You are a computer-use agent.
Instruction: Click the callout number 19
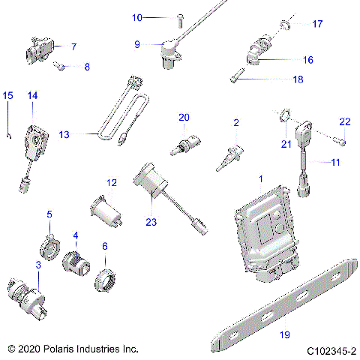285,334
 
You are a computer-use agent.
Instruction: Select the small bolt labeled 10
180,21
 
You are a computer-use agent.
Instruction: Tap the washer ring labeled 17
285,25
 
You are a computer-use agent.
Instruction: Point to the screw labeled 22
340,141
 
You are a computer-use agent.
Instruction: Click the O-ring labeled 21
285,115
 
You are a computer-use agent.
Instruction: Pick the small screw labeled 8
59,66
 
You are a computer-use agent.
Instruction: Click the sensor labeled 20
185,145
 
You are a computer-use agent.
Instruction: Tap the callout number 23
151,222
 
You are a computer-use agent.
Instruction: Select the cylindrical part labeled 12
106,211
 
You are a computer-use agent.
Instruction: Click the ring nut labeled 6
105,280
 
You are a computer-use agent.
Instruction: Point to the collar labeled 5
49,247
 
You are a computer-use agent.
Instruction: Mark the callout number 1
261,178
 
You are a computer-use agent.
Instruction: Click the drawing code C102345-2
331,351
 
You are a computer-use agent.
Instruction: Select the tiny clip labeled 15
9,136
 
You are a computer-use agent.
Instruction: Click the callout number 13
64,134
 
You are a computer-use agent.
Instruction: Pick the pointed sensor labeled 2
230,157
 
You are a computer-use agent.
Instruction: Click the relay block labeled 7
40,50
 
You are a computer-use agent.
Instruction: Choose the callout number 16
308,60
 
